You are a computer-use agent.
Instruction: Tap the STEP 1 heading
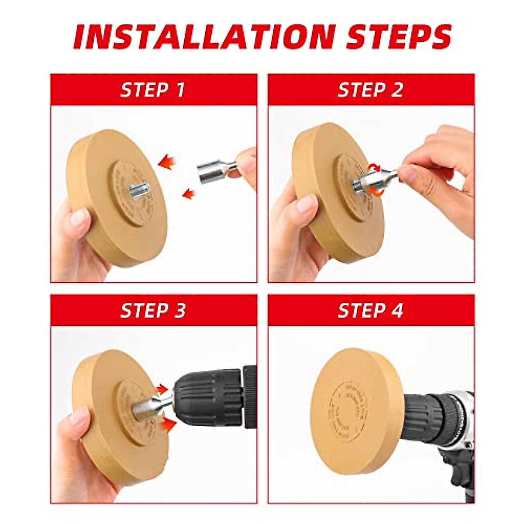153,90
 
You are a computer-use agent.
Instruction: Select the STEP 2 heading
370,90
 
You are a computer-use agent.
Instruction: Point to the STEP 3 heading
153,310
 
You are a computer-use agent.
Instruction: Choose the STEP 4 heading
370,310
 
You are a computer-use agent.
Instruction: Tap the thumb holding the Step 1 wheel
79,218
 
